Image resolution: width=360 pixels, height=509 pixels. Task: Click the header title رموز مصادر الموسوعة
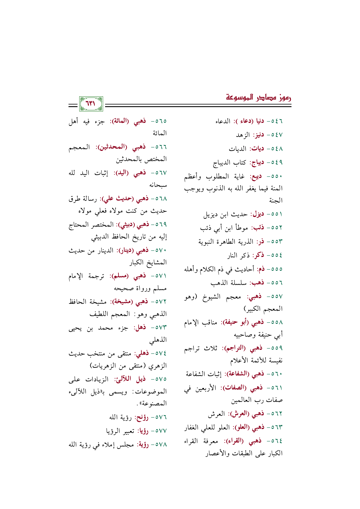pyautogui.click(x=259, y=98)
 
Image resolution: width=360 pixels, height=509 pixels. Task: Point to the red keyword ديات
pyautogui.click(x=257, y=149)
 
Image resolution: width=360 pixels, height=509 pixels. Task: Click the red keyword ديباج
pyautogui.click(x=256, y=162)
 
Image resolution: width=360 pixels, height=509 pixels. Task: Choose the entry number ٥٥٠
pyautogui.click(x=277, y=176)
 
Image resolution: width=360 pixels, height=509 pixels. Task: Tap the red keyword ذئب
pyautogui.click(x=258, y=228)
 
